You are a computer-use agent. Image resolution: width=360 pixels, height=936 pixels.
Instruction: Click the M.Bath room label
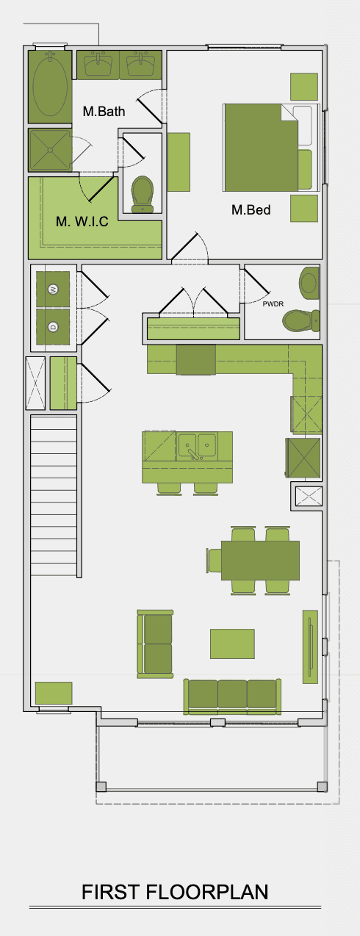coord(104,112)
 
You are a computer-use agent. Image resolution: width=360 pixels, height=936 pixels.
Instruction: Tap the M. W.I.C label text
coord(82,221)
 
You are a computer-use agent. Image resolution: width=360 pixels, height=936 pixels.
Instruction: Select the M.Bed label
coord(251,210)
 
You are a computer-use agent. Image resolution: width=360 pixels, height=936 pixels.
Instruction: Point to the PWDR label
coord(273,302)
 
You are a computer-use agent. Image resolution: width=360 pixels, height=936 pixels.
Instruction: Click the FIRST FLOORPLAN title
coord(175,892)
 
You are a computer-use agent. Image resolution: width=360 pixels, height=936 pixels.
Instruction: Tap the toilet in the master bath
coord(142,194)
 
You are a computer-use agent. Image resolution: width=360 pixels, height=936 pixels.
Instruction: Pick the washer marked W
coord(52,289)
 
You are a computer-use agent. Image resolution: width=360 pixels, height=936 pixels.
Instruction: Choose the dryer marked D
coord(52,326)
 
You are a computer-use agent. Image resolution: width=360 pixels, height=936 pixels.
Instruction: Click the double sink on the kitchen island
coord(197,444)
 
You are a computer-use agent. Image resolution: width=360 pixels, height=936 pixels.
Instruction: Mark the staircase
coord(54,497)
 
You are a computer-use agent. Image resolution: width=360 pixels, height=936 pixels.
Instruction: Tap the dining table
coord(260,560)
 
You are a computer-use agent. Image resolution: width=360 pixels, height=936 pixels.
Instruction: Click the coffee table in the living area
coord(232,644)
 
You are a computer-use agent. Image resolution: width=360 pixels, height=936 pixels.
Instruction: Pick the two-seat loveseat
coord(155,644)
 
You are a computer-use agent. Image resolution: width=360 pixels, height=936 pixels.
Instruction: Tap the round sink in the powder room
coord(309,281)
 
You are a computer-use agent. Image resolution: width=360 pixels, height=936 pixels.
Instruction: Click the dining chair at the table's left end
coord(215,560)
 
